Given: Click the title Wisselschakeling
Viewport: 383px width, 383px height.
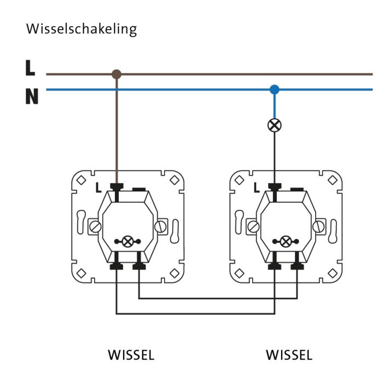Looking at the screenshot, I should coord(81,29).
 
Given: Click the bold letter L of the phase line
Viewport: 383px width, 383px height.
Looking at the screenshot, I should coord(30,68).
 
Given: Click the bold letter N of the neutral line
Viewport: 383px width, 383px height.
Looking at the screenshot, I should coord(32,97).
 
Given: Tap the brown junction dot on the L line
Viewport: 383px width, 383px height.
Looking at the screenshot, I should coord(116,74).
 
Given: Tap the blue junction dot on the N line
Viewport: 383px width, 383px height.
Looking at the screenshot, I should coord(275,89).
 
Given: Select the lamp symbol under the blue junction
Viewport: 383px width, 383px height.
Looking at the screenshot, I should coord(275,125).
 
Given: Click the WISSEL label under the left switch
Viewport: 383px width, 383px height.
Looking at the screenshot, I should coord(131,355).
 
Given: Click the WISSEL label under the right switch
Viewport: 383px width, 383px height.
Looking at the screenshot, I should coord(289,355).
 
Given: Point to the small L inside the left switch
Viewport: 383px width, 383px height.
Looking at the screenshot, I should coord(98,188).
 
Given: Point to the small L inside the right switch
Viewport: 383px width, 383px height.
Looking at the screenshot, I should coord(256,188).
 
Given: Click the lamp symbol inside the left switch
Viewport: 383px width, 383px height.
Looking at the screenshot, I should coord(127,241).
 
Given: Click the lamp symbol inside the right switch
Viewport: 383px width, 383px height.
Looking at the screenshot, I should coord(286,241).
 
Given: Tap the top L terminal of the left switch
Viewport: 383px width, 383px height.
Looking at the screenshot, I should coord(117,188).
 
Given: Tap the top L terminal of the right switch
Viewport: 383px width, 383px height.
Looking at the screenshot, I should coord(275,188).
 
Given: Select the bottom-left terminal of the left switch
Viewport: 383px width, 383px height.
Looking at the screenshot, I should coord(117,266).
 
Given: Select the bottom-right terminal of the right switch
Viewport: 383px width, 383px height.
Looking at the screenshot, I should coord(297,266).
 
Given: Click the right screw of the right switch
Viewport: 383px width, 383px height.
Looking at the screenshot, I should coord(318,225).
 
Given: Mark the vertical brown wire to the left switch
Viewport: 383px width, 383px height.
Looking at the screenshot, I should coord(116,131).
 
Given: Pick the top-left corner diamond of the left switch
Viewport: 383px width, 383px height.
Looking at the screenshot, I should coord(80,179).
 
